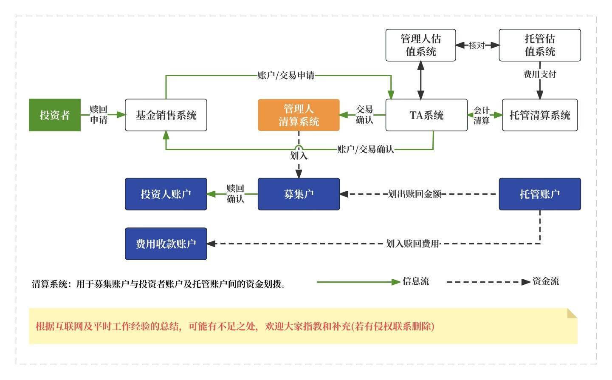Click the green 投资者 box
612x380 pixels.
54,115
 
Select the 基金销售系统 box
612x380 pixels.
166,115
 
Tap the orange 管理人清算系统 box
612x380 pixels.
299,115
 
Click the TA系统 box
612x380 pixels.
426,115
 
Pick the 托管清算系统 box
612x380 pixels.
539,115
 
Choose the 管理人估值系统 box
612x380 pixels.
420,45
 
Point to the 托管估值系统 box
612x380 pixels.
539,45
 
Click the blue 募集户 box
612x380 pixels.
299,194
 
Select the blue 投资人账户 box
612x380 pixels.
166,194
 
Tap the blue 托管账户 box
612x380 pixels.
539,194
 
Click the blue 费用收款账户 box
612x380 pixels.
166,244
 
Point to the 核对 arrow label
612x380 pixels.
477,45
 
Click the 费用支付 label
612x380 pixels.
539,74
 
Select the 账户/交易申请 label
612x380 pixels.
286,76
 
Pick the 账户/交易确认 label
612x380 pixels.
365,149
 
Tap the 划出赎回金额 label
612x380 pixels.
415,194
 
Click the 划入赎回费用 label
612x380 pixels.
413,244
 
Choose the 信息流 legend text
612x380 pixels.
415,281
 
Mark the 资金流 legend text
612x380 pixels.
545,281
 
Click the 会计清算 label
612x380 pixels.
481,115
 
